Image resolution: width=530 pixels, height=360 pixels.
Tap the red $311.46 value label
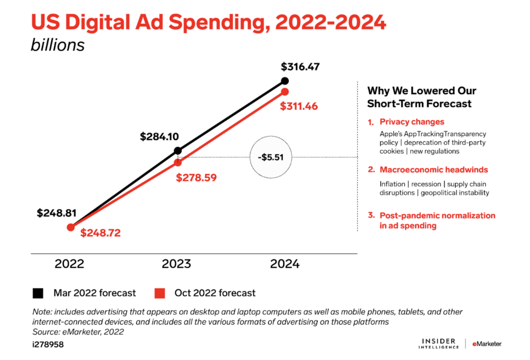(299, 107)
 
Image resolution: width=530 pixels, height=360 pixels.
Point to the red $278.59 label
(196, 177)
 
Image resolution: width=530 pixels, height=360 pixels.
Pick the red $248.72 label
(100, 233)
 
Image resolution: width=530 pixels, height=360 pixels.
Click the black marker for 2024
(285, 80)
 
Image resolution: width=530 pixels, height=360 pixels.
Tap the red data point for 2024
(285, 92)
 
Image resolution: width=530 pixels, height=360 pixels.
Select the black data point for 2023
(178, 151)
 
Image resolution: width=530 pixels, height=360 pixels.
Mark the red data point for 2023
(178, 162)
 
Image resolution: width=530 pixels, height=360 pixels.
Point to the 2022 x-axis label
(69, 264)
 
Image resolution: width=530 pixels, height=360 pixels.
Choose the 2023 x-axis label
(176, 264)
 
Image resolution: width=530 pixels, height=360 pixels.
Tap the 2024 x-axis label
(285, 264)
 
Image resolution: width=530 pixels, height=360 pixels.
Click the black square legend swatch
(38, 293)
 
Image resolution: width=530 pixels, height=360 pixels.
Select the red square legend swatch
(161, 293)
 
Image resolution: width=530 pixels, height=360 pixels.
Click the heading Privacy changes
(411, 122)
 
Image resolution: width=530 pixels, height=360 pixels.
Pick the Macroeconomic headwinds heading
(434, 169)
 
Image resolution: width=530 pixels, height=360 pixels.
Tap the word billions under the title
(57, 45)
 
